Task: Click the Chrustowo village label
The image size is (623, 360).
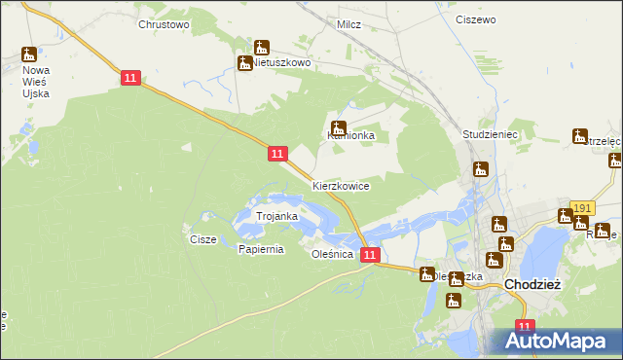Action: (x=164, y=23)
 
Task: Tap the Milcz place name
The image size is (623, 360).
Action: (x=348, y=23)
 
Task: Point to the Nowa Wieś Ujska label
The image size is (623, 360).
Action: (x=37, y=85)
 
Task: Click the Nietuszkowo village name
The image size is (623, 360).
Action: (x=281, y=62)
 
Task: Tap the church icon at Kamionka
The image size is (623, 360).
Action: (x=339, y=127)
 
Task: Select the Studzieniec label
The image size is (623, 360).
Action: (x=489, y=132)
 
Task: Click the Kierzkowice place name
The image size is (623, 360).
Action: (x=341, y=185)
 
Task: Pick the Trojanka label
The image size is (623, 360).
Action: (x=275, y=216)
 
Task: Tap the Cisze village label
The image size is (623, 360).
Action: (x=202, y=239)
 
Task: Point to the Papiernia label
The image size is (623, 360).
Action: (x=261, y=249)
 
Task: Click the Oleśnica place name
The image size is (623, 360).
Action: (x=330, y=254)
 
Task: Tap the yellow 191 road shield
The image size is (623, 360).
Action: (x=583, y=208)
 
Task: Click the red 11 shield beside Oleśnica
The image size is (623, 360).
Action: (x=369, y=255)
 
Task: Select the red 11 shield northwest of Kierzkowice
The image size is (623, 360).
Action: (x=277, y=154)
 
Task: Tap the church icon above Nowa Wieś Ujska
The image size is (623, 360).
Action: (x=29, y=54)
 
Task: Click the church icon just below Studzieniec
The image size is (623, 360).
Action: (x=480, y=169)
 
